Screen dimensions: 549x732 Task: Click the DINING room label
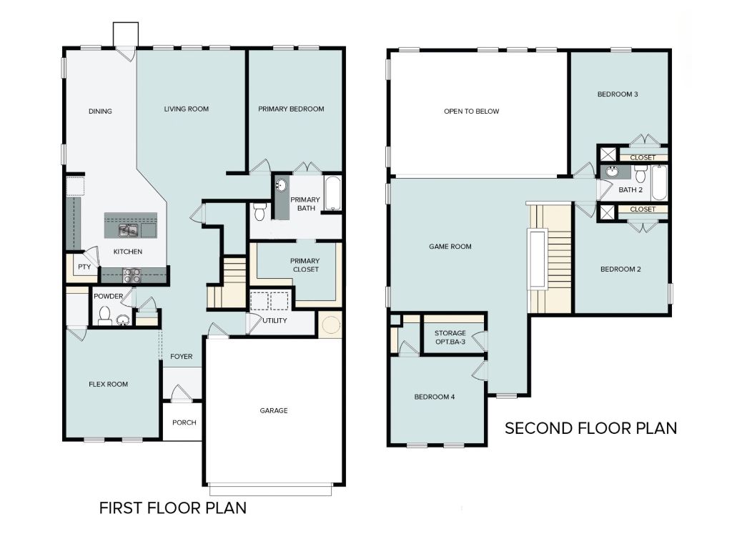(x=100, y=112)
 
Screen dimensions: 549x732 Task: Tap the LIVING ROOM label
(x=186, y=109)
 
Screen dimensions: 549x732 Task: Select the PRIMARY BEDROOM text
(x=291, y=109)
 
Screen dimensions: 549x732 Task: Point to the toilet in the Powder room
(x=105, y=315)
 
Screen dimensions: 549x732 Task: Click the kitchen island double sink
(x=129, y=230)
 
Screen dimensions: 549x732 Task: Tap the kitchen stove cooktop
(x=132, y=275)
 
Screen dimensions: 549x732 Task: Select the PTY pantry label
(x=84, y=267)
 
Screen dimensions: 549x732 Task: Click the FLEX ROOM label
(x=108, y=385)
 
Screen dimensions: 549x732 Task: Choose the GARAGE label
(x=273, y=410)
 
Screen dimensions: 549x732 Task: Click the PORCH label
(x=184, y=422)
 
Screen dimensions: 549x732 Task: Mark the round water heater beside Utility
(x=331, y=325)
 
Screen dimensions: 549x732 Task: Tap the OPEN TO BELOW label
(x=471, y=112)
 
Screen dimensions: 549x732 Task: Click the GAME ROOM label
(x=450, y=247)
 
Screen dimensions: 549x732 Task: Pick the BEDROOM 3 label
(x=618, y=94)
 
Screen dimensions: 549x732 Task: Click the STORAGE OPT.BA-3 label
(x=450, y=337)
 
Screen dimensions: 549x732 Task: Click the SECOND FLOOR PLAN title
(x=590, y=428)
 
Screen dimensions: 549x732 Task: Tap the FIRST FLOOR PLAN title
(x=172, y=508)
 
